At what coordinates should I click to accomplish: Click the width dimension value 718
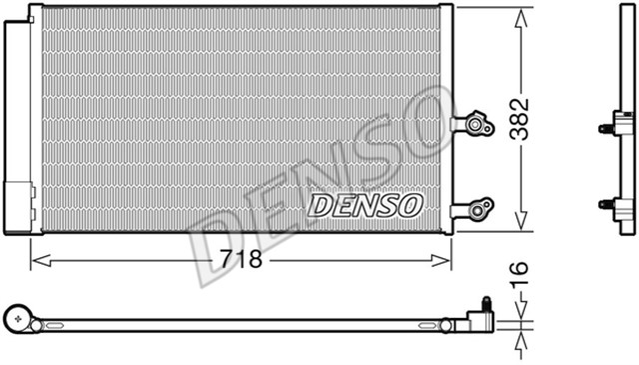pos(241,261)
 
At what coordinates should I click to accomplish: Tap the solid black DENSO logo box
pos(365,205)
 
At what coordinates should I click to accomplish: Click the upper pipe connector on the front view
pos(473,125)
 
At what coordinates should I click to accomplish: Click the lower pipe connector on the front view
pos(473,209)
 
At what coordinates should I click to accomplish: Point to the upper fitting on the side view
pos(619,126)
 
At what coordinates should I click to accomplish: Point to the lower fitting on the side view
pos(619,208)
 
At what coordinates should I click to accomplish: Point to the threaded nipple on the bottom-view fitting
pos(486,303)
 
